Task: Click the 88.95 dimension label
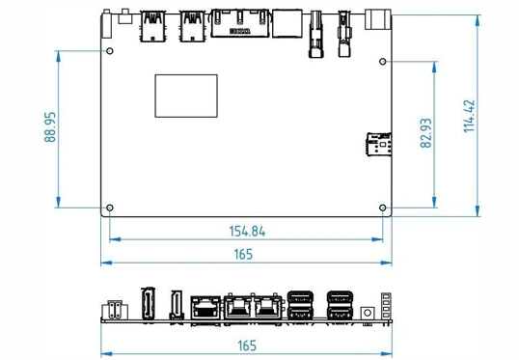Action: click(x=50, y=127)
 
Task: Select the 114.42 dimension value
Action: click(x=469, y=116)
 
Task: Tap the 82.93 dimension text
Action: click(x=426, y=133)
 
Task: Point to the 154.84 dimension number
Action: click(x=247, y=232)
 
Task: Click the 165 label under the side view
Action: click(x=247, y=346)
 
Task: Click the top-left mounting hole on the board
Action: click(x=110, y=51)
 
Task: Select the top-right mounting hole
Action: click(x=383, y=62)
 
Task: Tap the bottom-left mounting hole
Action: click(x=110, y=208)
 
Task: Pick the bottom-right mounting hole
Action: click(x=383, y=208)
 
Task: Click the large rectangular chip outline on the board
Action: click(x=186, y=97)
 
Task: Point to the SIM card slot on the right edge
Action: click(x=379, y=144)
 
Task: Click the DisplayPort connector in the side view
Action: click(x=148, y=303)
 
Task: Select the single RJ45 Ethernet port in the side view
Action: click(x=205, y=307)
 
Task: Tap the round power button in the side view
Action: click(x=368, y=313)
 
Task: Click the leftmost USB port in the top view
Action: click(x=152, y=26)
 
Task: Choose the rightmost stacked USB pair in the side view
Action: click(x=340, y=305)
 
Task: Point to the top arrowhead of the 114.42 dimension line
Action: click(x=478, y=20)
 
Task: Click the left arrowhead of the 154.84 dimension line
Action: click(x=115, y=239)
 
